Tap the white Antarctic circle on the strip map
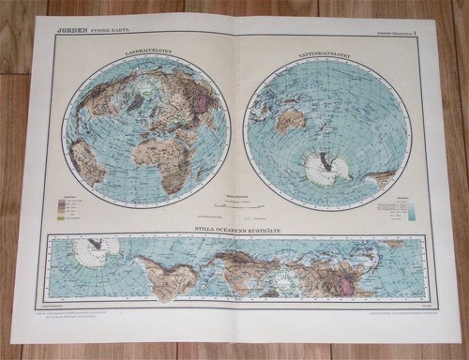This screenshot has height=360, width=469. click(98, 250)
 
